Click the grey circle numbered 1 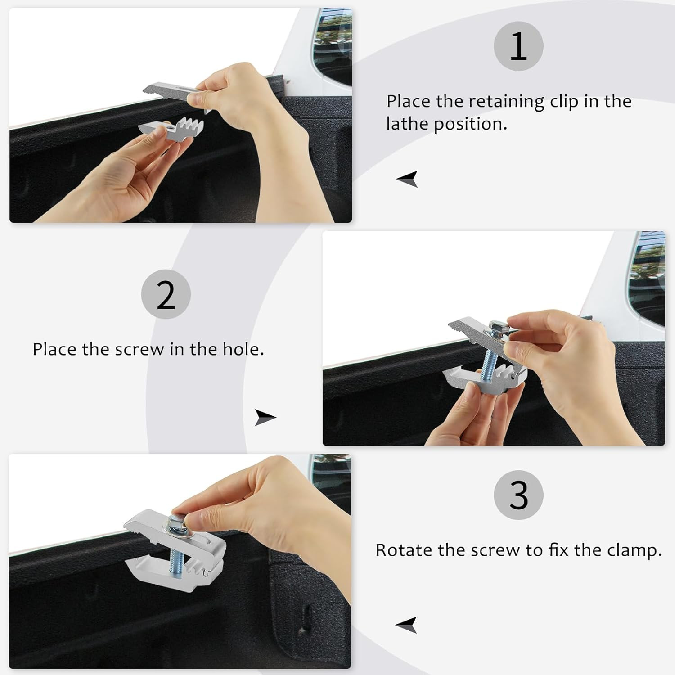tap(518, 46)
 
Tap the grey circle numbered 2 tap(166, 294)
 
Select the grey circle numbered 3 tap(518, 495)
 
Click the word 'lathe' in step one tap(407, 124)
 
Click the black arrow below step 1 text tap(407, 179)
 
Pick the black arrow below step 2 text tap(265, 417)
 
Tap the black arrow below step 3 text tap(406, 625)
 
